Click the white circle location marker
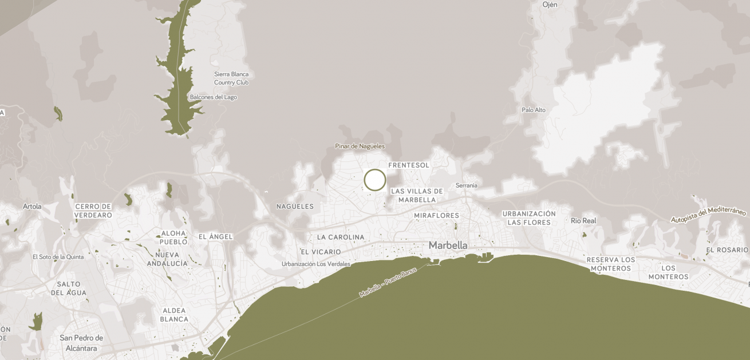375,180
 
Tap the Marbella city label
448,246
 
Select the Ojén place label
550,5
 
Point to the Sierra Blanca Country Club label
231,78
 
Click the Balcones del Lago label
213,97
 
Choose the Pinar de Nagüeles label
360,147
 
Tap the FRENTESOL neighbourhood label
409,165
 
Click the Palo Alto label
534,110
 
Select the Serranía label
466,185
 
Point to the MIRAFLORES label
436,216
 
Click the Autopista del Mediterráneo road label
709,215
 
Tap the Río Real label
583,220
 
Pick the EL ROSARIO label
727,250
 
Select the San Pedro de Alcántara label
81,343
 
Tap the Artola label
32,206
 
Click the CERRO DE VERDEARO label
93,211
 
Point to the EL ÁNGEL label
215,236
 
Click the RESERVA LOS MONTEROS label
611,264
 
